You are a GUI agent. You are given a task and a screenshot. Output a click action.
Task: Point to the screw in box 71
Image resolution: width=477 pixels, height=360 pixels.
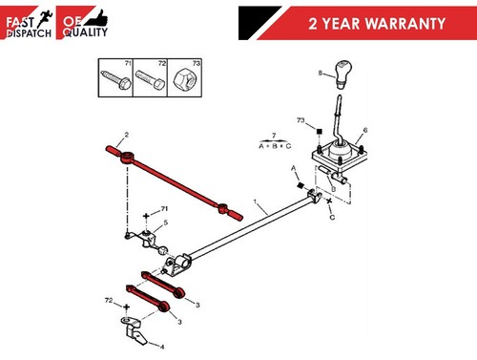114,77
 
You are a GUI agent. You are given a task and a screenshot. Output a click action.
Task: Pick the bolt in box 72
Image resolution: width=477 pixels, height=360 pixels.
149,77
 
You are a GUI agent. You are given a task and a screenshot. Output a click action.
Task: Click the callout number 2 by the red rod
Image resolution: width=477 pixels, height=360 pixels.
126,136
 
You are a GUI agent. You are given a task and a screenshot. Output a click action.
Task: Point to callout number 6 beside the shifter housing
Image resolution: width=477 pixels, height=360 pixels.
364,130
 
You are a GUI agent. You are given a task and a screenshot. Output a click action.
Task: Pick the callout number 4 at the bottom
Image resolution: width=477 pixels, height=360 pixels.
160,347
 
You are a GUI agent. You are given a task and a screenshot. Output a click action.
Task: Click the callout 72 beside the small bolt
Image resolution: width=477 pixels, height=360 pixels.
108,300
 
